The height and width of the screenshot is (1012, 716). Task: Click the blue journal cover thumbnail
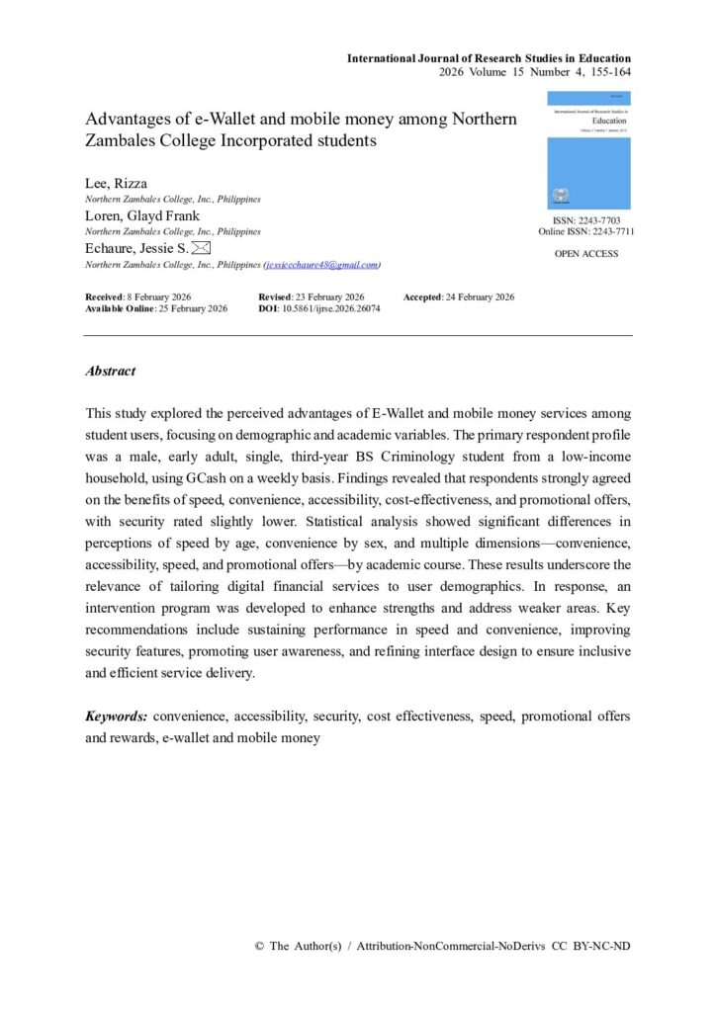[588, 149]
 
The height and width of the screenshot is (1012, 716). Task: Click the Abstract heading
[111, 372]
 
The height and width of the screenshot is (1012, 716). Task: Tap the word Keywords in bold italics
[117, 716]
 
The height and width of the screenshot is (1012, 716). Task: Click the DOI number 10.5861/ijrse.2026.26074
[335, 308]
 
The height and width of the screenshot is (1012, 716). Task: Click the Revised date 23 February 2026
[331, 297]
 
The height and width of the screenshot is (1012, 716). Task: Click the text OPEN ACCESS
[586, 254]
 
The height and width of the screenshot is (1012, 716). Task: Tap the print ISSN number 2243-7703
[599, 219]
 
